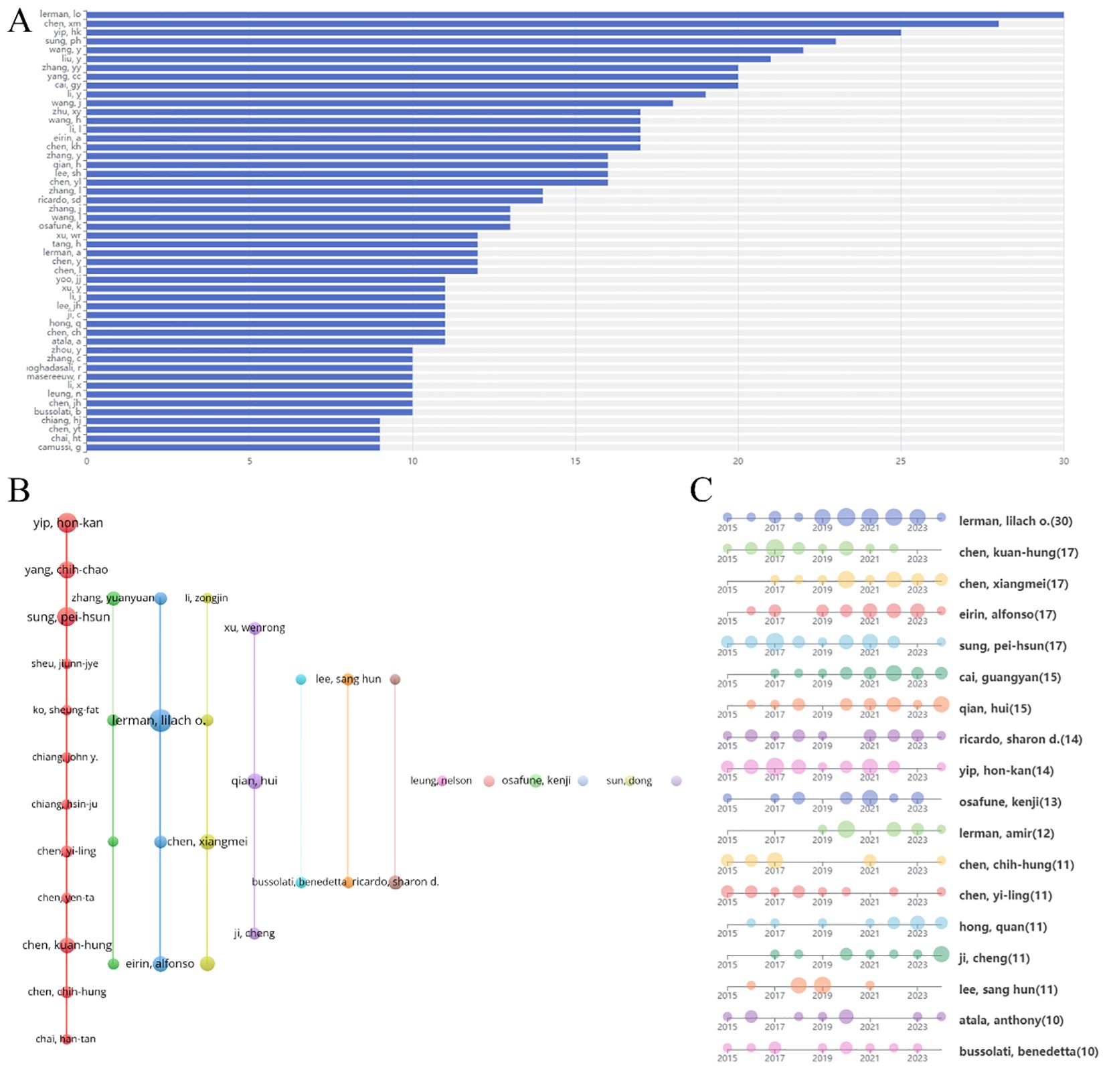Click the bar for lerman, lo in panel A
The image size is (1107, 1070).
(574, 15)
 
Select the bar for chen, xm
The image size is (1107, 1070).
(542, 23)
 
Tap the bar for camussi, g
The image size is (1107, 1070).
(233, 447)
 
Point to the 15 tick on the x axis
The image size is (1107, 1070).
(575, 461)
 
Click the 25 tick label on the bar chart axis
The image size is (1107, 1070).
(900, 461)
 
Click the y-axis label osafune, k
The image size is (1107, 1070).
(60, 226)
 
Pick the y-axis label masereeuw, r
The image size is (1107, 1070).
(54, 376)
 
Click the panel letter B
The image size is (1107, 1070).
(19, 490)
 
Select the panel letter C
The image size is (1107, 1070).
(701, 490)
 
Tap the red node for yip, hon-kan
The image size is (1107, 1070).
(66, 523)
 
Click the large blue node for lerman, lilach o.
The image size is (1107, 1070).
(160, 720)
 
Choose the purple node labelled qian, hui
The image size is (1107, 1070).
(254, 781)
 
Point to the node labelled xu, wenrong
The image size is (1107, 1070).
(254, 628)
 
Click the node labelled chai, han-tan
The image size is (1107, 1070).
(66, 1039)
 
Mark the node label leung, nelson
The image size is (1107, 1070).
(441, 781)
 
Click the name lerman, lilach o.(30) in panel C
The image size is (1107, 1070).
(1015, 521)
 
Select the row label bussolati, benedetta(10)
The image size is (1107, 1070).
(1028, 1051)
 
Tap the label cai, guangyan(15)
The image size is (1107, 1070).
(1009, 677)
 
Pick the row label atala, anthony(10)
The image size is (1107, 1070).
(1011, 1020)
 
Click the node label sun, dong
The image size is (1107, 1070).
(628, 781)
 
